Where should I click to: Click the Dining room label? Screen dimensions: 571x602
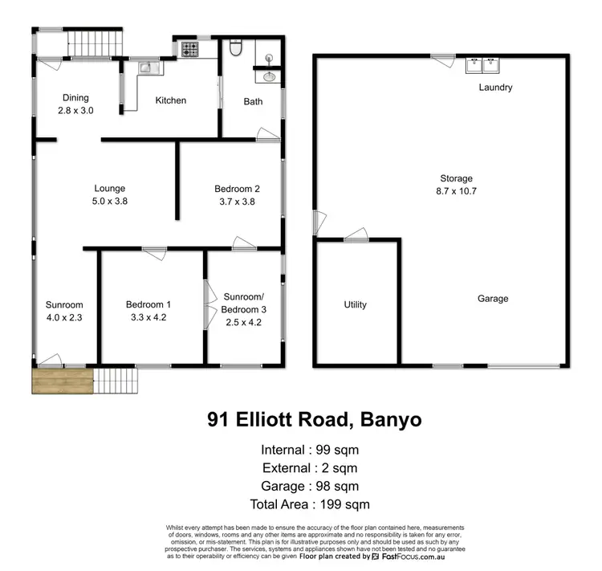tap(76, 99)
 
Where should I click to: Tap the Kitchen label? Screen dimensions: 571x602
tap(171, 100)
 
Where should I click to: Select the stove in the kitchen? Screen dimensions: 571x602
tap(190, 49)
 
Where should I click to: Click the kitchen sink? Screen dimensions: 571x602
tap(147, 68)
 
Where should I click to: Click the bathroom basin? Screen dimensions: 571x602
tap(269, 77)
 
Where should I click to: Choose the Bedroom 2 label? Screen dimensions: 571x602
tap(237, 190)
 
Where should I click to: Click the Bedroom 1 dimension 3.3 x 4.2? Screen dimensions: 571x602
tap(148, 317)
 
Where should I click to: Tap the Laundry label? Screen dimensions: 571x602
tap(495, 88)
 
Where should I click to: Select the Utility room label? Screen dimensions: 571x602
tap(355, 304)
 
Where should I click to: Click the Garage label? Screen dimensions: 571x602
tap(493, 299)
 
